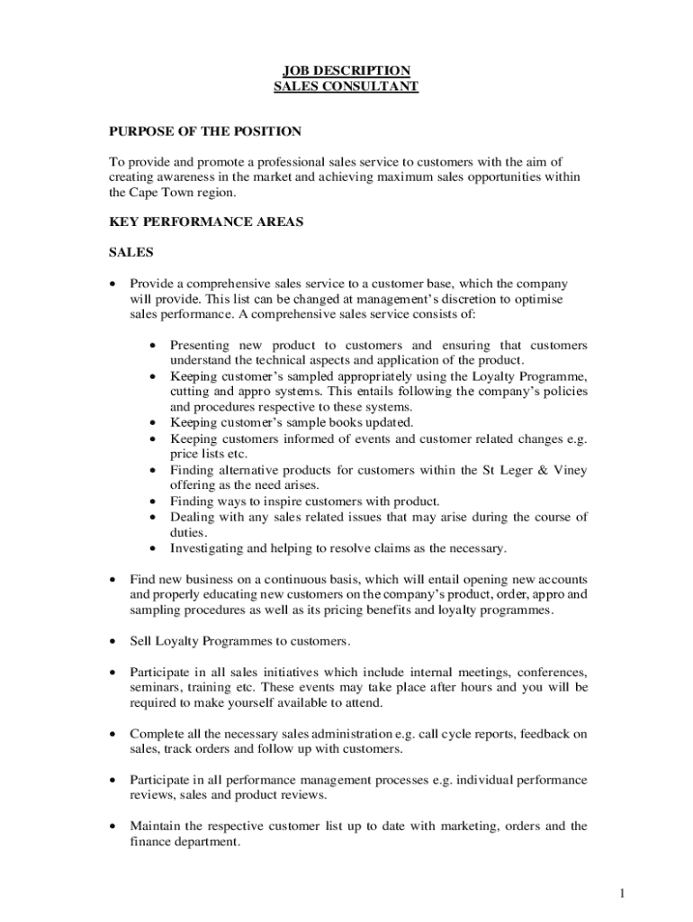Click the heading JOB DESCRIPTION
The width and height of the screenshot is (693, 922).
pyautogui.click(x=346, y=70)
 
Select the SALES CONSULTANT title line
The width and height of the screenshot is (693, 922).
pyautogui.click(x=346, y=86)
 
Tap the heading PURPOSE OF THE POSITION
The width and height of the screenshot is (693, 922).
pyautogui.click(x=205, y=131)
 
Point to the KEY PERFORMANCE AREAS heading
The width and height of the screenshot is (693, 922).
pyautogui.click(x=206, y=221)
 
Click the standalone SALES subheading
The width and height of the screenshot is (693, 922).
pyautogui.click(x=131, y=252)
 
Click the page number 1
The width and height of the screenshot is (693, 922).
pyautogui.click(x=621, y=893)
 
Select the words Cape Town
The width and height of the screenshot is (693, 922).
pyautogui.click(x=161, y=193)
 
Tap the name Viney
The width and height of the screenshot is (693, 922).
pyautogui.click(x=570, y=469)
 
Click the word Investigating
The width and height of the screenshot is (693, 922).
pyautogui.click(x=209, y=547)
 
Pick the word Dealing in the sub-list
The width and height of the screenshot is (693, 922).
pyautogui.click(x=193, y=517)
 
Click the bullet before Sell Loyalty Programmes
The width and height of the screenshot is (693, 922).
pyautogui.click(x=112, y=641)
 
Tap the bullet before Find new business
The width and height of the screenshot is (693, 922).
pyautogui.click(x=112, y=580)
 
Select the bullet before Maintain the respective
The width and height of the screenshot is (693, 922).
pyautogui.click(x=112, y=826)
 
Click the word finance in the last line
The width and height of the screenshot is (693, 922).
pyautogui.click(x=153, y=841)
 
